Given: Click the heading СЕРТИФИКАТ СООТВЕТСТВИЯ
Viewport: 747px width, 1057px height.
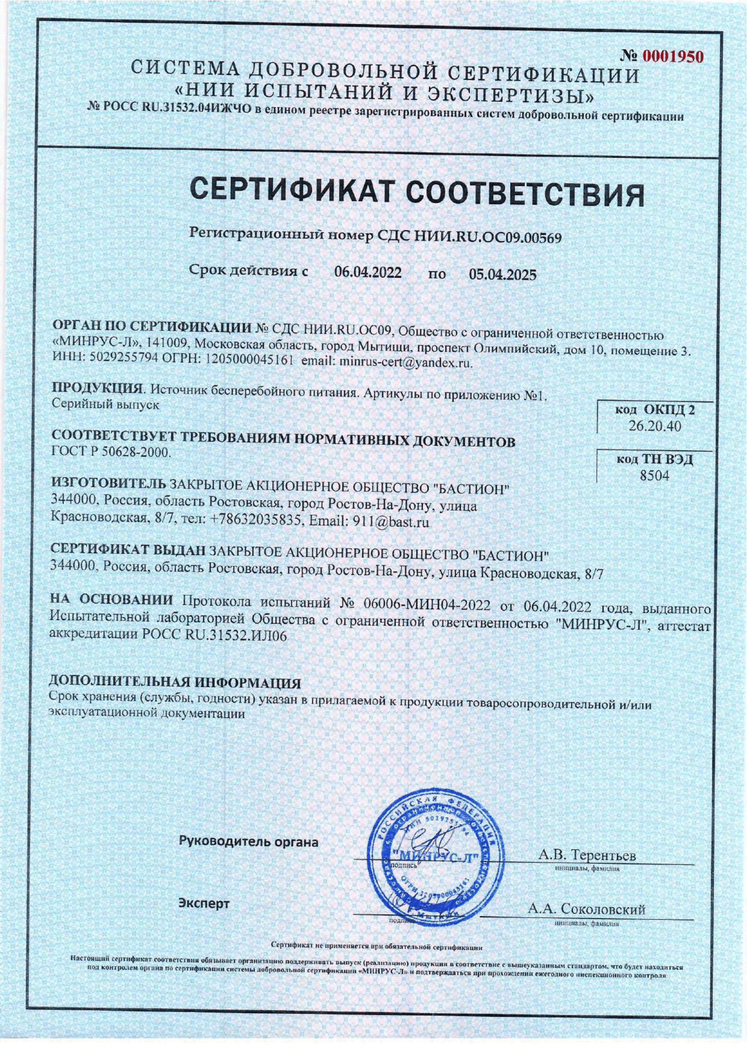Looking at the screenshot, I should coord(417,192).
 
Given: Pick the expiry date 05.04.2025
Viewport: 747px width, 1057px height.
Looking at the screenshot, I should coord(503,275).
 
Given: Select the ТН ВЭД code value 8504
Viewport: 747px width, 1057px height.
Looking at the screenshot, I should coord(654,475).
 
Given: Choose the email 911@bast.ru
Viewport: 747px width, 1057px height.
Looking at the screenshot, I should coord(390,522).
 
